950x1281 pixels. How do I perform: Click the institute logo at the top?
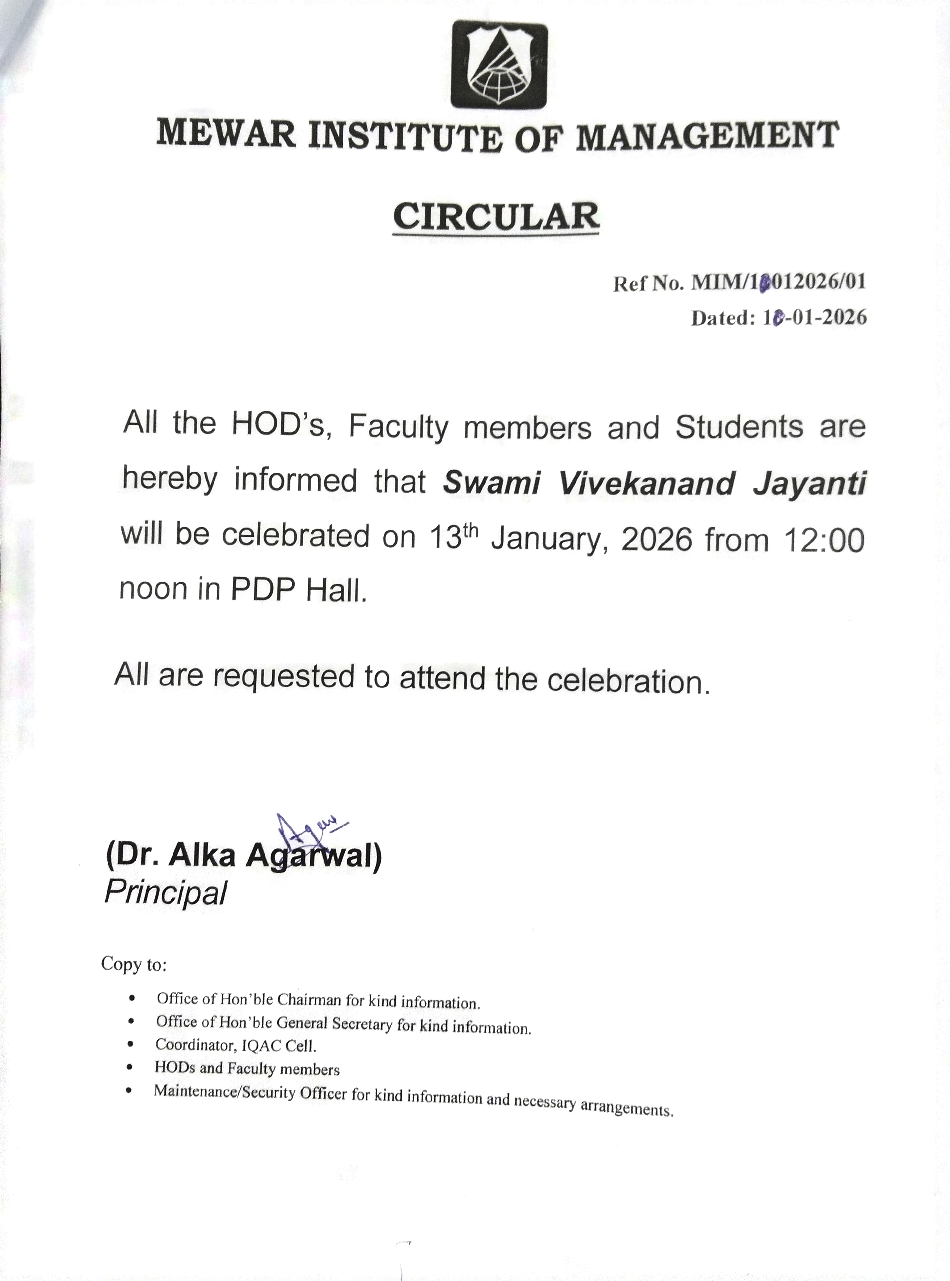pos(498,64)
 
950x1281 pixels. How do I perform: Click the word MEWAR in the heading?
pos(226,134)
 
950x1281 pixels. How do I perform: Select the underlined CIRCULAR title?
pos(496,217)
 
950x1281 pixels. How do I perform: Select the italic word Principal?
pos(165,892)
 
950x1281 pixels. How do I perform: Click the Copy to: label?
pos(134,964)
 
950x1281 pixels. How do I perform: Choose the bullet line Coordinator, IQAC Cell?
pos(236,1044)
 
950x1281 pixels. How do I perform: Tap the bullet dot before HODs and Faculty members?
pos(132,1066)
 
